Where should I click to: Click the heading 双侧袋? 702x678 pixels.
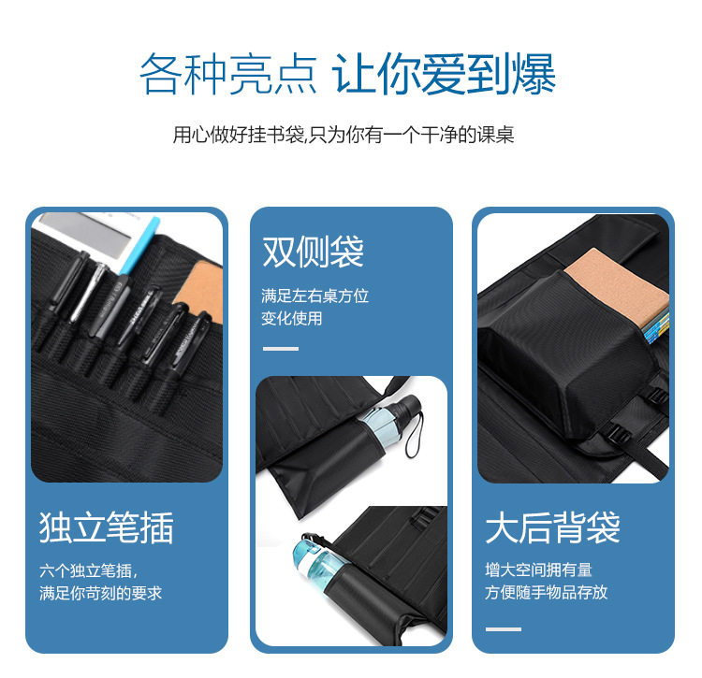point(313,252)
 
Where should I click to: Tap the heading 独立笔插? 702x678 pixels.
point(107,527)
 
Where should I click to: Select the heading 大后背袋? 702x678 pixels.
point(552,527)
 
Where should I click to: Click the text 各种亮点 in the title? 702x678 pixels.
point(228,74)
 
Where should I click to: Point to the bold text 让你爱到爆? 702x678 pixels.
point(444,74)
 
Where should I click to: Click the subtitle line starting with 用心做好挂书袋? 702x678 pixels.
point(344,135)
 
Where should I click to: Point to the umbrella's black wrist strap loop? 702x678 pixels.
point(415,435)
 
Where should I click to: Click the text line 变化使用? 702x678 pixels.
point(292,319)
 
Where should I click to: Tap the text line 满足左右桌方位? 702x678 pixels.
point(314,296)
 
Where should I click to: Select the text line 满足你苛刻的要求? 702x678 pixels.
point(100,593)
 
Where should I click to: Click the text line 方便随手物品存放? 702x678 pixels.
point(547,592)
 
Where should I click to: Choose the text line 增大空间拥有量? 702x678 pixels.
point(538,570)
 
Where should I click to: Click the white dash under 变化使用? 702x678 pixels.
point(281,349)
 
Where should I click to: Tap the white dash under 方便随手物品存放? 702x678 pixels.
point(504,628)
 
